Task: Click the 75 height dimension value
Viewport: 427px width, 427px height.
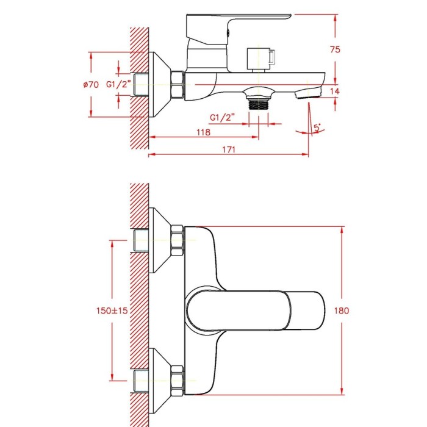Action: click(335, 49)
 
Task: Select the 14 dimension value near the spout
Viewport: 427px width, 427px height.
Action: click(335, 91)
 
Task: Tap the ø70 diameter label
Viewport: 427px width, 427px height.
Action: click(91, 84)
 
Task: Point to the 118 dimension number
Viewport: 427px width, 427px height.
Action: click(203, 132)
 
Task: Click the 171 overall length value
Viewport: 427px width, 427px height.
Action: click(229, 149)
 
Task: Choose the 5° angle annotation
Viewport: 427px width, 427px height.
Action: click(317, 127)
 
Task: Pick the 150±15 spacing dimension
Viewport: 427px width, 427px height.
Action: click(112, 310)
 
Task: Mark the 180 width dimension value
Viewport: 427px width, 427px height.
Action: click(342, 310)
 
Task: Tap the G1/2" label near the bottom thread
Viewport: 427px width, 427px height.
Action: click(222, 118)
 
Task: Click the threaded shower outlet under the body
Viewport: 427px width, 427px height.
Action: click(259, 104)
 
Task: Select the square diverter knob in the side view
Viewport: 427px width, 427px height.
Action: click(261, 59)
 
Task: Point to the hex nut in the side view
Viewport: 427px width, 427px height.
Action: click(178, 84)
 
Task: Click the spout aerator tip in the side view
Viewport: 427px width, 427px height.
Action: click(307, 93)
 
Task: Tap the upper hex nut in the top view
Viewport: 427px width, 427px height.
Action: click(178, 240)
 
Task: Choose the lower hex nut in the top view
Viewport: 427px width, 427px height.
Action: click(178, 381)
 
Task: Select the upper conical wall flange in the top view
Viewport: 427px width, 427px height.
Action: click(160, 240)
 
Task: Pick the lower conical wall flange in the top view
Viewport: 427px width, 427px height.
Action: click(160, 381)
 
